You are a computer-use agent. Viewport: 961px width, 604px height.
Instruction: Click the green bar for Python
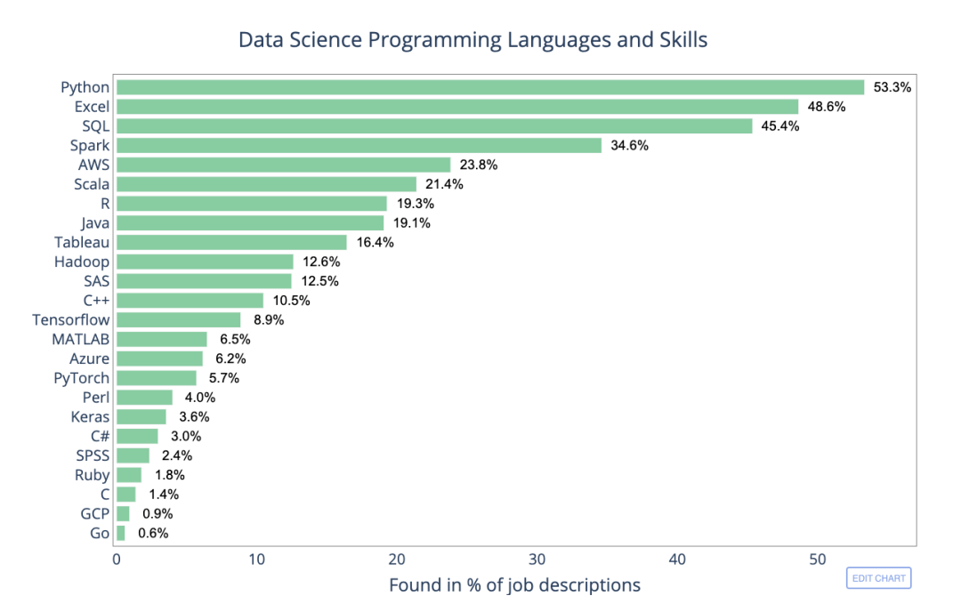(x=489, y=87)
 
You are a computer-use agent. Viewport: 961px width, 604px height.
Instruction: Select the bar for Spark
(x=359, y=145)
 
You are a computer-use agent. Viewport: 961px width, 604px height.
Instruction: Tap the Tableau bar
(x=231, y=242)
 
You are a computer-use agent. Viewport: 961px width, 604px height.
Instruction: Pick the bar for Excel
(x=457, y=107)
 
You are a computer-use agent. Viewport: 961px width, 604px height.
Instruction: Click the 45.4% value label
(x=780, y=126)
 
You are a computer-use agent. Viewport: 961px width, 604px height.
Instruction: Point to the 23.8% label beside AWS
(x=479, y=165)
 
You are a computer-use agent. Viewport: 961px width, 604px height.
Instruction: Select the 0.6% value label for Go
(x=153, y=534)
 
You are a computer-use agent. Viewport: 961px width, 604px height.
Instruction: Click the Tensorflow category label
(x=71, y=319)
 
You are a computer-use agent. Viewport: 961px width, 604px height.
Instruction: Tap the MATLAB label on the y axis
(x=81, y=339)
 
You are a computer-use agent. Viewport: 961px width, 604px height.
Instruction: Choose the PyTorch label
(x=82, y=378)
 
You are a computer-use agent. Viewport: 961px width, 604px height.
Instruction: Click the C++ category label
(x=96, y=300)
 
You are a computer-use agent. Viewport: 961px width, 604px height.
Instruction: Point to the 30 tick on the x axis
(x=537, y=560)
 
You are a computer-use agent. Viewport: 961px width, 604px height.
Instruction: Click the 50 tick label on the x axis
(x=817, y=560)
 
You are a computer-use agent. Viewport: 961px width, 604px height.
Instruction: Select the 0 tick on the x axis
(x=117, y=560)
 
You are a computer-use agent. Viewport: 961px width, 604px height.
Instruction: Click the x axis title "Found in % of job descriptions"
(x=514, y=585)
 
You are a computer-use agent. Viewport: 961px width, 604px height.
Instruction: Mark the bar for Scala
(x=266, y=184)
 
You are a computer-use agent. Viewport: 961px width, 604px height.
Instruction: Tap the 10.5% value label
(x=292, y=301)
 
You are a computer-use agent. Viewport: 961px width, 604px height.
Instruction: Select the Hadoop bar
(x=205, y=262)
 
